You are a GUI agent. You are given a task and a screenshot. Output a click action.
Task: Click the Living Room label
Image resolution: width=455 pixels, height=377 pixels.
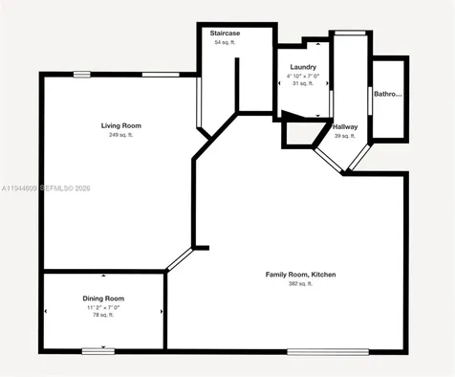coord(121,125)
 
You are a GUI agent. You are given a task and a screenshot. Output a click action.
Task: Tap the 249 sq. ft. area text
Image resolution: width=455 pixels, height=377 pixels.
coord(121,135)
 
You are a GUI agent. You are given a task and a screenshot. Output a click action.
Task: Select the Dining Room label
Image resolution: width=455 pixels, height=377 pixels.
coord(103,299)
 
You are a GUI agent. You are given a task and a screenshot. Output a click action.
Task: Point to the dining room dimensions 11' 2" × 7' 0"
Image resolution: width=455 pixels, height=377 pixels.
coord(103,307)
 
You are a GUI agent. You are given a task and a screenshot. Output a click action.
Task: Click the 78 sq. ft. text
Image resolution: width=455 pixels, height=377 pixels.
coord(103,316)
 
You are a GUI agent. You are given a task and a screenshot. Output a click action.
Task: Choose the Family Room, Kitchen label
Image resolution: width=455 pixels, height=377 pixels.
coord(300,275)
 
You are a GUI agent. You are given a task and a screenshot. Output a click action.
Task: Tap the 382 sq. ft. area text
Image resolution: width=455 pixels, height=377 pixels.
coord(300,283)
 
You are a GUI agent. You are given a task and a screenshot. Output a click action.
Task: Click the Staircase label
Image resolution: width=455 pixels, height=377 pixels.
coord(225,33)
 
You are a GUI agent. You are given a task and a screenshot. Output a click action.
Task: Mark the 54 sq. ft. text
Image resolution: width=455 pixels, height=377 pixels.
coord(225,42)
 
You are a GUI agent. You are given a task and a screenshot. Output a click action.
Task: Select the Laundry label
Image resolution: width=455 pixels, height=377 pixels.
coord(302,67)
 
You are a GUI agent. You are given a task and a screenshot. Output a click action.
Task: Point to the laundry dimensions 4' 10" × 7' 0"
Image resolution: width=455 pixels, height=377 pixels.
coord(302,76)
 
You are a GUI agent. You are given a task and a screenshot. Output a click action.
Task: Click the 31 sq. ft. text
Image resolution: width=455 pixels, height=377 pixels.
coord(302,84)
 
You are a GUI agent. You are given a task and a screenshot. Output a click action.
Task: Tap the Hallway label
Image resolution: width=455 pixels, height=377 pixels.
coord(345,127)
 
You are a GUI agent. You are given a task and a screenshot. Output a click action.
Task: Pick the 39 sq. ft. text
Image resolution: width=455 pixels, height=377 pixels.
coord(345,136)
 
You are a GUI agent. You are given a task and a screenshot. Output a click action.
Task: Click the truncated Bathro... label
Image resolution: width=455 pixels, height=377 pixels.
coord(387,95)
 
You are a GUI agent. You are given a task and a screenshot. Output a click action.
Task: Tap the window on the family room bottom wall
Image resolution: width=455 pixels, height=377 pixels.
coord(327,351)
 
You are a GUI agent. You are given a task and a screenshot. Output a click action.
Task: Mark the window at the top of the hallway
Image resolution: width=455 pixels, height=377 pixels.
coord(350,33)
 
